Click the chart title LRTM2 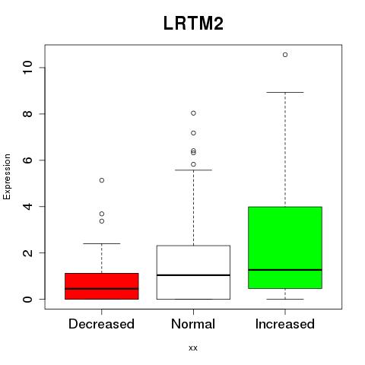193,24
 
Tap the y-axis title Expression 7,176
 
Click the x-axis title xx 193,348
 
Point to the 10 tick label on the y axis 27,67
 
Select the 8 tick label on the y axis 27,113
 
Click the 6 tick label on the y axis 27,160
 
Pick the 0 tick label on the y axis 27,299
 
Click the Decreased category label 101,324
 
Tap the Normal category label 193,324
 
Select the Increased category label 285,324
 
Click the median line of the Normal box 193,275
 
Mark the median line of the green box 285,270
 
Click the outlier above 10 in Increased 285,55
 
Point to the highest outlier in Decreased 102,180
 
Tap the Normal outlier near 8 193,113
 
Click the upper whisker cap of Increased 285,92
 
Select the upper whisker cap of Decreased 102,243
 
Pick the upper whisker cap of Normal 193,170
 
